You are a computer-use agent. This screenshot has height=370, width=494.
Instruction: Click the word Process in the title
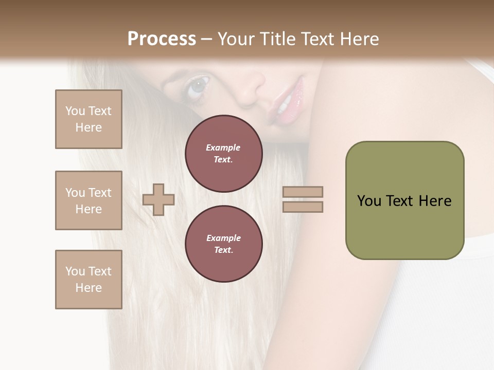coord(162,39)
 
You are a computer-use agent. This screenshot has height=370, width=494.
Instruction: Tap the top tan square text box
coord(89,119)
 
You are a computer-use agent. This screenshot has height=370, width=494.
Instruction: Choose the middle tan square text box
coord(89,200)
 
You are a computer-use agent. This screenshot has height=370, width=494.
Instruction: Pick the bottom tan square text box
coord(89,280)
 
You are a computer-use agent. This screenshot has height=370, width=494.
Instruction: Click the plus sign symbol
coord(158,199)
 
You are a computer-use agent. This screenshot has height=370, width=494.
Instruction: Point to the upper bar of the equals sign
coord(303,192)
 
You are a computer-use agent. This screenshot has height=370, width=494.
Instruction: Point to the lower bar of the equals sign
coord(303,207)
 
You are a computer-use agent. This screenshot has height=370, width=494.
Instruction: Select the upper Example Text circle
coord(223,154)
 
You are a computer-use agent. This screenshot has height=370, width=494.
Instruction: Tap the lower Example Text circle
coord(223,244)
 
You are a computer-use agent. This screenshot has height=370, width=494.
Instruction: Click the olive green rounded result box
coord(404,200)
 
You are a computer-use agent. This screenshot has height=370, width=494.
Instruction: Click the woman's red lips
coord(288,100)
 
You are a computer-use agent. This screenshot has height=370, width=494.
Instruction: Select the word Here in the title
coord(359,39)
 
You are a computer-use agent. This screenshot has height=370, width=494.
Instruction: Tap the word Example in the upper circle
coord(223,147)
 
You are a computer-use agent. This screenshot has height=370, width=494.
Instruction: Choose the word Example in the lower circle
coord(223,238)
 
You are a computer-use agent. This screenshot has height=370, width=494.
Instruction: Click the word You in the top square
coord(75,111)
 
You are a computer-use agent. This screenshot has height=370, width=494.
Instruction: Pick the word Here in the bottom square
coord(89,288)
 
